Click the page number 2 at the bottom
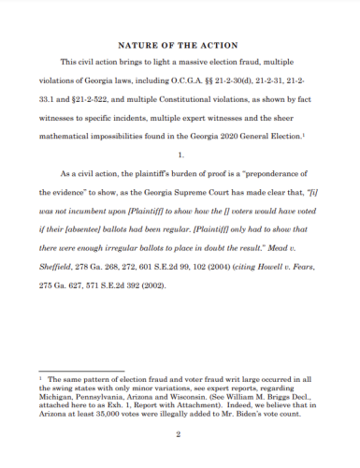click(178, 433)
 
